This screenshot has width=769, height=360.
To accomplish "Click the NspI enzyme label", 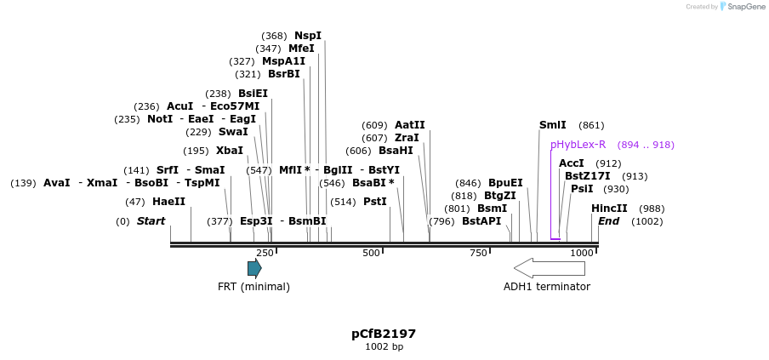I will (x=308, y=36).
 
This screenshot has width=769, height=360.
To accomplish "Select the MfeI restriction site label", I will (x=301, y=49).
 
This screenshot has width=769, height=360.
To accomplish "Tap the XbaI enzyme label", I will (x=229, y=151).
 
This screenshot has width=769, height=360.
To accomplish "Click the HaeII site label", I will (x=168, y=202).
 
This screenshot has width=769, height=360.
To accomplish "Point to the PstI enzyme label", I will (x=375, y=202).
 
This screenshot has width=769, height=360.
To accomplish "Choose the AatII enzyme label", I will (x=409, y=125).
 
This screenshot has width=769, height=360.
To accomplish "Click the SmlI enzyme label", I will (x=553, y=125).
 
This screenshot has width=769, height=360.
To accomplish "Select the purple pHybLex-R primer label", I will (x=578, y=145).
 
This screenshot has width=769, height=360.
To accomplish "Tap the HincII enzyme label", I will (x=609, y=209).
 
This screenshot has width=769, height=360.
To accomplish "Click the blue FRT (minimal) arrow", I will (x=254, y=269).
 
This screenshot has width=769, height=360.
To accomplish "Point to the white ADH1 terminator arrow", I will (x=550, y=268).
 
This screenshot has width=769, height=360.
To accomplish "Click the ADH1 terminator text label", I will (x=547, y=287).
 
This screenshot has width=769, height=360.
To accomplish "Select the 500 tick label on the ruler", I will (x=371, y=254).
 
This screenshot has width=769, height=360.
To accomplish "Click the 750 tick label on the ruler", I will (x=477, y=254).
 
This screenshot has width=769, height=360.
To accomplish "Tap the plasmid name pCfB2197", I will (x=384, y=334).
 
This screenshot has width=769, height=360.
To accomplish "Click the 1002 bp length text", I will (x=384, y=347).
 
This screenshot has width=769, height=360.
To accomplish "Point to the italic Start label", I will (x=151, y=221).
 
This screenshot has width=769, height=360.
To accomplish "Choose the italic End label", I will (x=608, y=221).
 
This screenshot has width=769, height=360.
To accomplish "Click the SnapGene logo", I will (x=743, y=7).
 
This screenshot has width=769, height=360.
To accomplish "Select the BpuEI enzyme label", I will (x=505, y=183).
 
